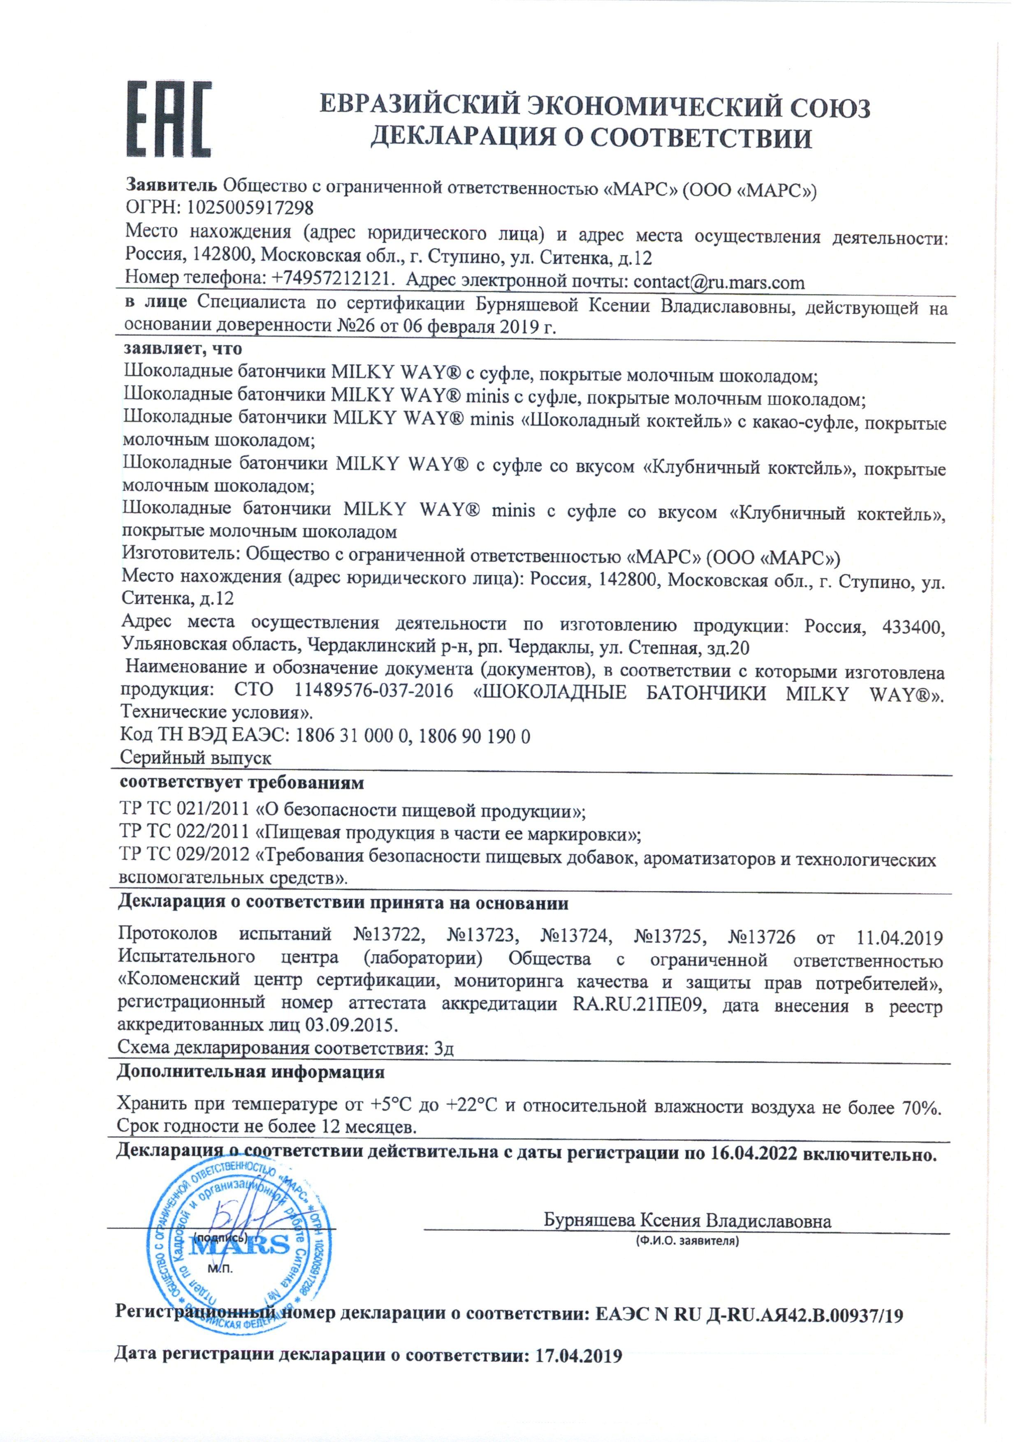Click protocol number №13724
(576, 937)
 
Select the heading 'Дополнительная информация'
(250, 1071)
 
